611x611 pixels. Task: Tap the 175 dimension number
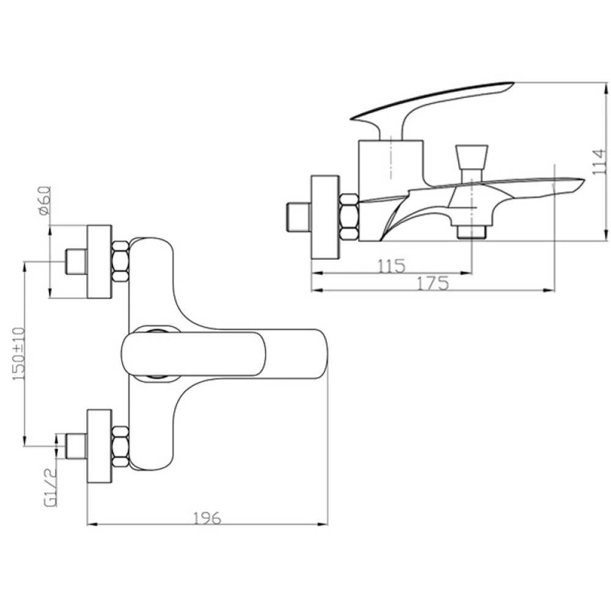[433, 284]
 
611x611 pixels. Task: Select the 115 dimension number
[392, 266]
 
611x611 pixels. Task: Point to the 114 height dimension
[599, 162]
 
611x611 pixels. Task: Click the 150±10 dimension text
[19, 354]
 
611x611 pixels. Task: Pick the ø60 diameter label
[45, 200]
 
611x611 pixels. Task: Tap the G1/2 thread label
[51, 487]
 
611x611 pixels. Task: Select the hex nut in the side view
[349, 216]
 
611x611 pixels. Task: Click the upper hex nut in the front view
[121, 261]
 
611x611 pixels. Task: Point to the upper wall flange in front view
[99, 262]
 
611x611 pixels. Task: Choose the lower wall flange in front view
[99, 447]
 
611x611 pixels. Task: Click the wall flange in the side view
[325, 216]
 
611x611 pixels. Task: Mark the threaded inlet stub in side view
[299, 216]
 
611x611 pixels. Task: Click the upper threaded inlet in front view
[76, 262]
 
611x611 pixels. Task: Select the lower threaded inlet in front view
[76, 446]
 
